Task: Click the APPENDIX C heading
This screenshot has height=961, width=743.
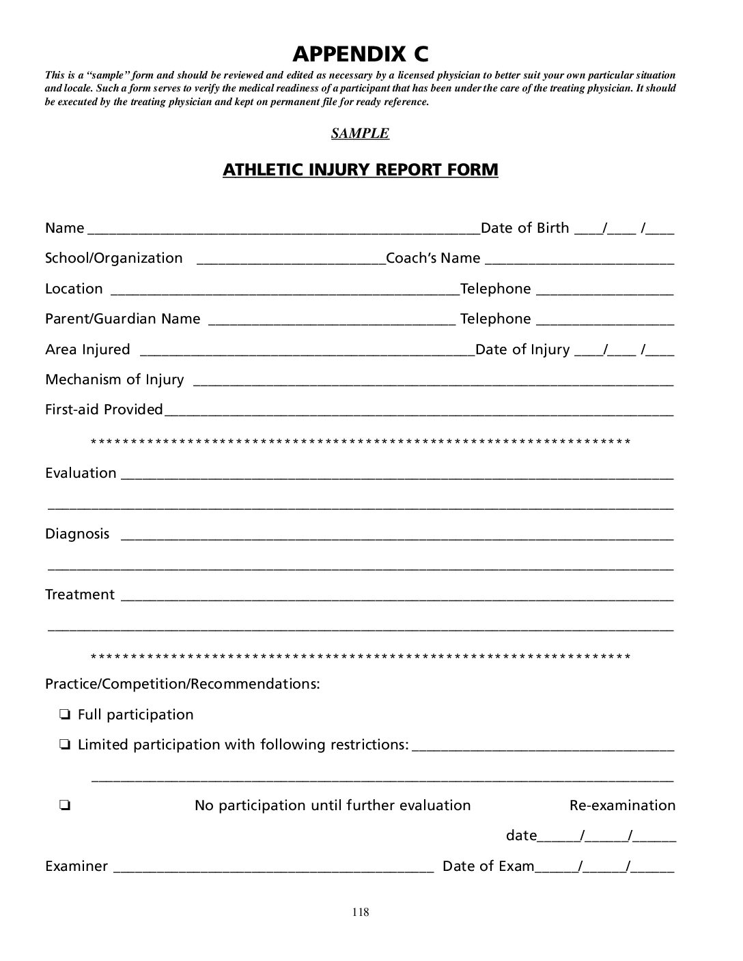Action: click(361, 53)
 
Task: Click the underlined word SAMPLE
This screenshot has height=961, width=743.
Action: click(360, 133)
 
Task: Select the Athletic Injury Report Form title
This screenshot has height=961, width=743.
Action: click(360, 169)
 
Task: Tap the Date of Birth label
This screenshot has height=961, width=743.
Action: click(524, 228)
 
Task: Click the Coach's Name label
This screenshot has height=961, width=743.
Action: click(433, 258)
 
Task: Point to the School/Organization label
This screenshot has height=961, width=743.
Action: click(114, 258)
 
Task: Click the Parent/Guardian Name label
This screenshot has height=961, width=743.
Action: click(123, 319)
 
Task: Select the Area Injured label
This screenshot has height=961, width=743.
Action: click(87, 349)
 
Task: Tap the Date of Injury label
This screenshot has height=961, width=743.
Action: click(522, 349)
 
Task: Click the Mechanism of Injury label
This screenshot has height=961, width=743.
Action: click(115, 379)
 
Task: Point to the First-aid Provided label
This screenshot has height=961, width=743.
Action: click(104, 410)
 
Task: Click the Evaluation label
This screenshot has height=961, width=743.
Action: click(81, 473)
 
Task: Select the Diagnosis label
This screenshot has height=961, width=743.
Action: click(77, 534)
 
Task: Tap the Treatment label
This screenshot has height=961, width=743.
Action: click(80, 594)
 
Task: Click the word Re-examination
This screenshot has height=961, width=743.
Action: click(622, 805)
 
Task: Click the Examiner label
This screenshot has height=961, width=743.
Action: click(76, 866)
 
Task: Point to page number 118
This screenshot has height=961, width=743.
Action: click(361, 913)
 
